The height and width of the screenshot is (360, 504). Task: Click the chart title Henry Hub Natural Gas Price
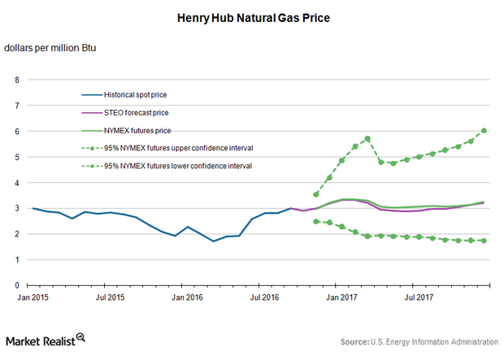click(x=253, y=15)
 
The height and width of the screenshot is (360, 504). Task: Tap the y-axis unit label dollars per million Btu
click(x=50, y=48)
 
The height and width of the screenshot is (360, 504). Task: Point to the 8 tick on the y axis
click(x=16, y=80)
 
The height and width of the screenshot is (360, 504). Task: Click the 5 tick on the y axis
click(x=16, y=157)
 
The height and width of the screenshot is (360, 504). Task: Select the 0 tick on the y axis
click(x=16, y=285)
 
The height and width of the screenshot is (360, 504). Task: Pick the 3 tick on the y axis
click(x=16, y=208)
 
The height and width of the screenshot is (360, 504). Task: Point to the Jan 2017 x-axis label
click(x=337, y=298)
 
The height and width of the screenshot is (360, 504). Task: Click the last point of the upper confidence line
click(x=484, y=130)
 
